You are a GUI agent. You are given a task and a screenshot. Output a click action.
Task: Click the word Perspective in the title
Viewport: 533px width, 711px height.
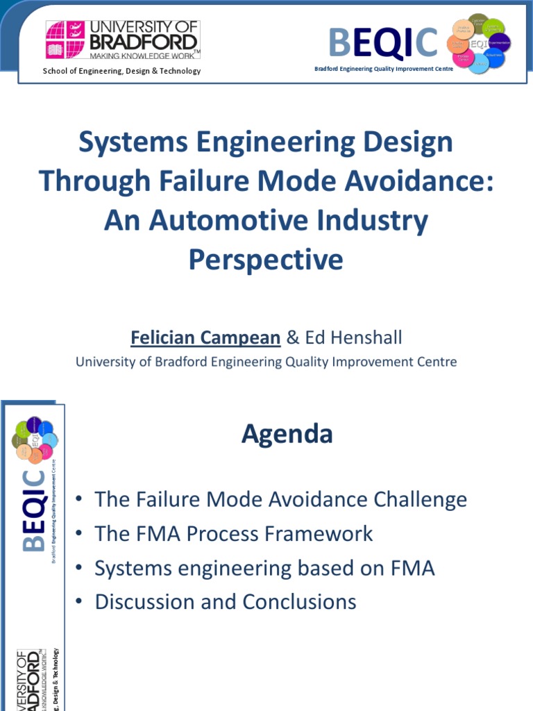click(x=266, y=260)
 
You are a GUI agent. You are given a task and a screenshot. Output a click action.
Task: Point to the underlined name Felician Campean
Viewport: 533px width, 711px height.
click(x=205, y=338)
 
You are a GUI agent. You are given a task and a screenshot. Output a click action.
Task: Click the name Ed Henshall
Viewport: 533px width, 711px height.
click(x=353, y=338)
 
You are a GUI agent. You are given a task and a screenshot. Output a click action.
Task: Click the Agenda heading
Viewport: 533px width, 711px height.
click(x=287, y=435)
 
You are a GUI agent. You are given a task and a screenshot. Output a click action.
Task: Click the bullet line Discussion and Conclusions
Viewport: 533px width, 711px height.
click(x=226, y=601)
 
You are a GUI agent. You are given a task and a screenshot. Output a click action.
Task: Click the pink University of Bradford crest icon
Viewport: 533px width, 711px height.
click(x=65, y=40)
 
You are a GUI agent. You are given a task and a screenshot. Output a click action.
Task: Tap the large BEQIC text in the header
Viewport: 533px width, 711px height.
click(x=383, y=42)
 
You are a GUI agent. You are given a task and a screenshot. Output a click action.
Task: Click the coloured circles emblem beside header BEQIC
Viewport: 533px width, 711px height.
click(x=480, y=43)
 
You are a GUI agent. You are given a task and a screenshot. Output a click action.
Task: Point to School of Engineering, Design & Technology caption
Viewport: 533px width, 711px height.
click(x=122, y=71)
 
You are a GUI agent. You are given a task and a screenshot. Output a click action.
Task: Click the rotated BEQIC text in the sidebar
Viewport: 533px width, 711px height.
click(x=34, y=511)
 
